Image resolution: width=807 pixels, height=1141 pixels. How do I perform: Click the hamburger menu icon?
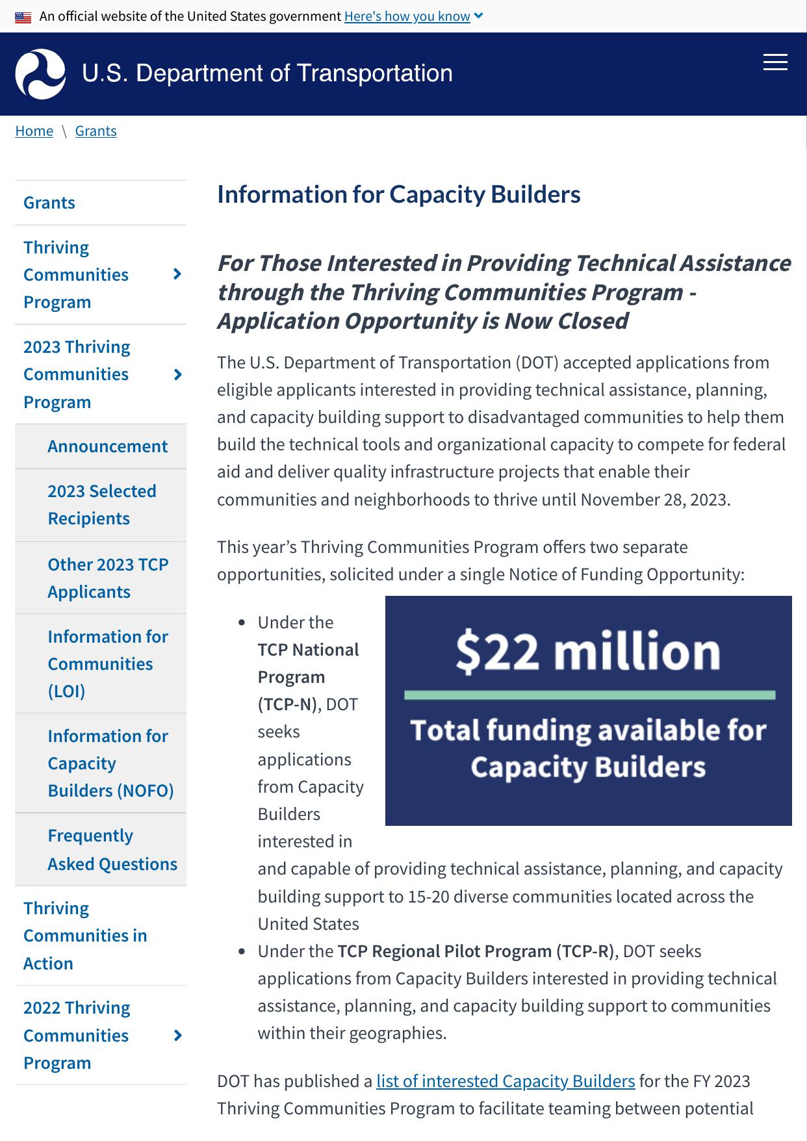pos(775,62)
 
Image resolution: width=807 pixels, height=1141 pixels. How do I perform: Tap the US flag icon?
pos(23,17)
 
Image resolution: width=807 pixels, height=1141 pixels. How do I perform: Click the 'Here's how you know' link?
pos(407,16)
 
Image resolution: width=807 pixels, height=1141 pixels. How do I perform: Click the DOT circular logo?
pos(40,74)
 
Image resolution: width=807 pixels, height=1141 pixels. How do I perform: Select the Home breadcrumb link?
pos(34,131)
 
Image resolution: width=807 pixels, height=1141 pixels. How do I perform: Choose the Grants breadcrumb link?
pos(96,131)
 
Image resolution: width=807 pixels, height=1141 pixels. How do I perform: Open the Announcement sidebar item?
pos(107,446)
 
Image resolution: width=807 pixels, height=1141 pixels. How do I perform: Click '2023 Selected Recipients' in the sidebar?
pos(101,505)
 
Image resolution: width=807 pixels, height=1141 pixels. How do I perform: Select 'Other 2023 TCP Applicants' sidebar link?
pos(107,578)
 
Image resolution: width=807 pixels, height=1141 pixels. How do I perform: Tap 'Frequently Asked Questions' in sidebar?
pos(112,849)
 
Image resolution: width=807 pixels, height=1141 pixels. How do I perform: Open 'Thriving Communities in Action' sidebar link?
pos(85,936)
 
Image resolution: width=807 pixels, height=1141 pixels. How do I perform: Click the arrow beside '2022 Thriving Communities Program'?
pos(177,1036)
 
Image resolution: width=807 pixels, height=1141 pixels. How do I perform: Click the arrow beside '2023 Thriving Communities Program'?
pos(177,375)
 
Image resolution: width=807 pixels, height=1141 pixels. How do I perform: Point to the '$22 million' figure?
pos(587,651)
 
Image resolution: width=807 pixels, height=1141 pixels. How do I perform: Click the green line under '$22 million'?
pos(589,695)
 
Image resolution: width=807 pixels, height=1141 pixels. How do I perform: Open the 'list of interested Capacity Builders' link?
pos(505,1081)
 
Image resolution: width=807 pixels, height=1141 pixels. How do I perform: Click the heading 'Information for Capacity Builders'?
pos(398,194)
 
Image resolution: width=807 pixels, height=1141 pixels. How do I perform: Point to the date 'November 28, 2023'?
pos(654,500)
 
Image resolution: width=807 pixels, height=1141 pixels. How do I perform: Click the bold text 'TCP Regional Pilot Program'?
pos(444,951)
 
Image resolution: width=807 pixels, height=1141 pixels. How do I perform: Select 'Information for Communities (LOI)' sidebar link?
pos(107,663)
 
